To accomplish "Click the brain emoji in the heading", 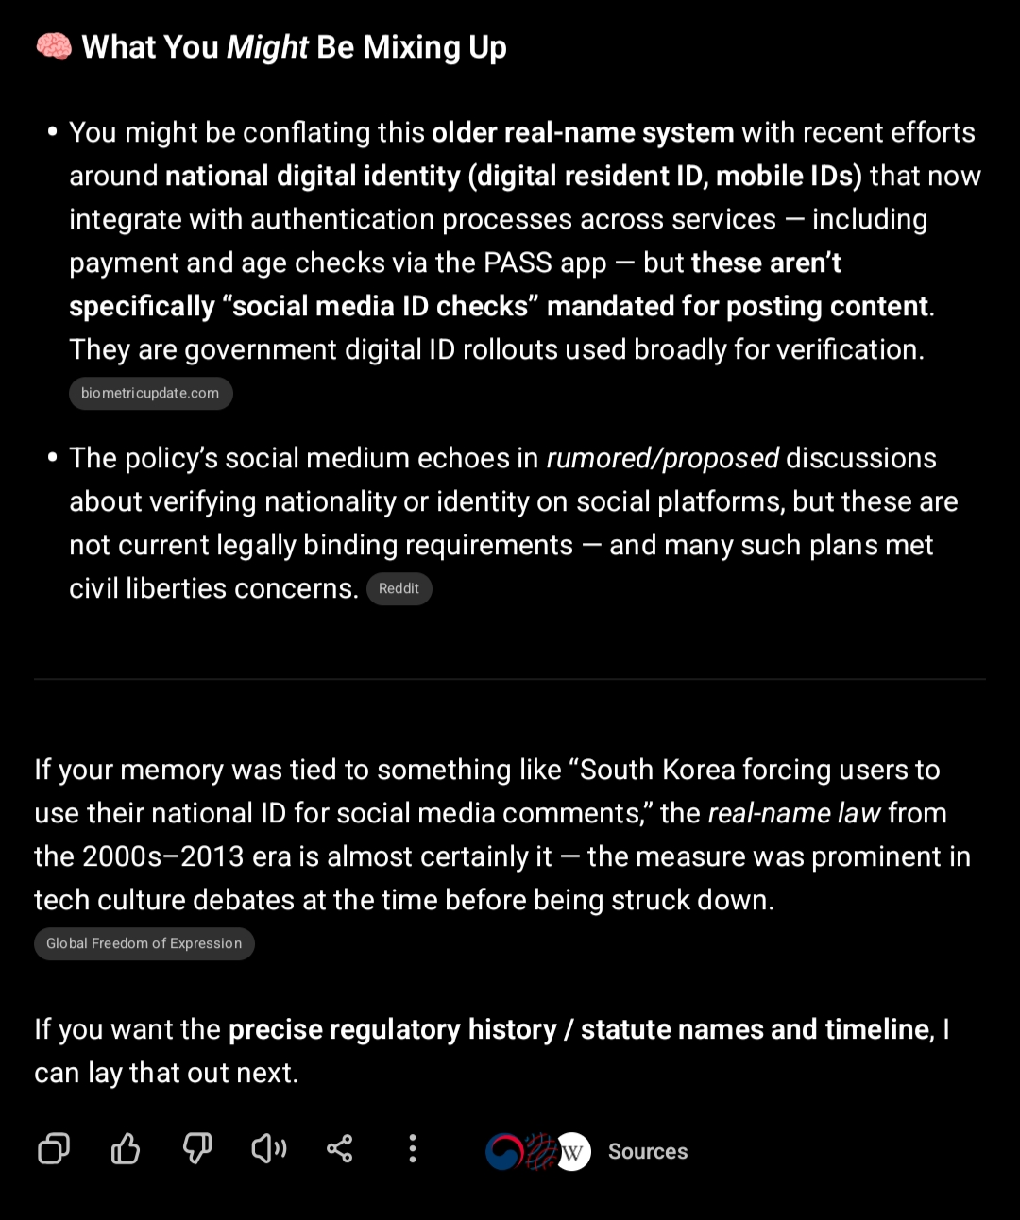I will tap(53, 47).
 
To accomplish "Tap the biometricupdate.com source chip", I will tap(150, 394).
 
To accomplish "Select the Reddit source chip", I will tap(399, 589).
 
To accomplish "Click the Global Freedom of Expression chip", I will tap(144, 943).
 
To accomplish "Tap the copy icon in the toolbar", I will tap(54, 1149).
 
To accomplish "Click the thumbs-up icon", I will tap(126, 1149).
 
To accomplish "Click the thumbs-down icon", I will tap(196, 1149).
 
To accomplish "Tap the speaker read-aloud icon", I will tap(268, 1149).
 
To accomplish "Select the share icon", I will tap(340, 1149).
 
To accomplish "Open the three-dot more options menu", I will tap(412, 1149).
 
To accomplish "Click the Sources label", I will tap(648, 1152).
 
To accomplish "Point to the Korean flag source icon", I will tap(502, 1152).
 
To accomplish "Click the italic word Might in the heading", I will tap(267, 47).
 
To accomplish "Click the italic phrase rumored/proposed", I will tap(662, 458).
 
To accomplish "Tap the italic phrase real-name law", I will tap(793, 813).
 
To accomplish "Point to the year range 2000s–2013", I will tap(154, 856).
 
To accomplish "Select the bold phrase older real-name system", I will tap(583, 132).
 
